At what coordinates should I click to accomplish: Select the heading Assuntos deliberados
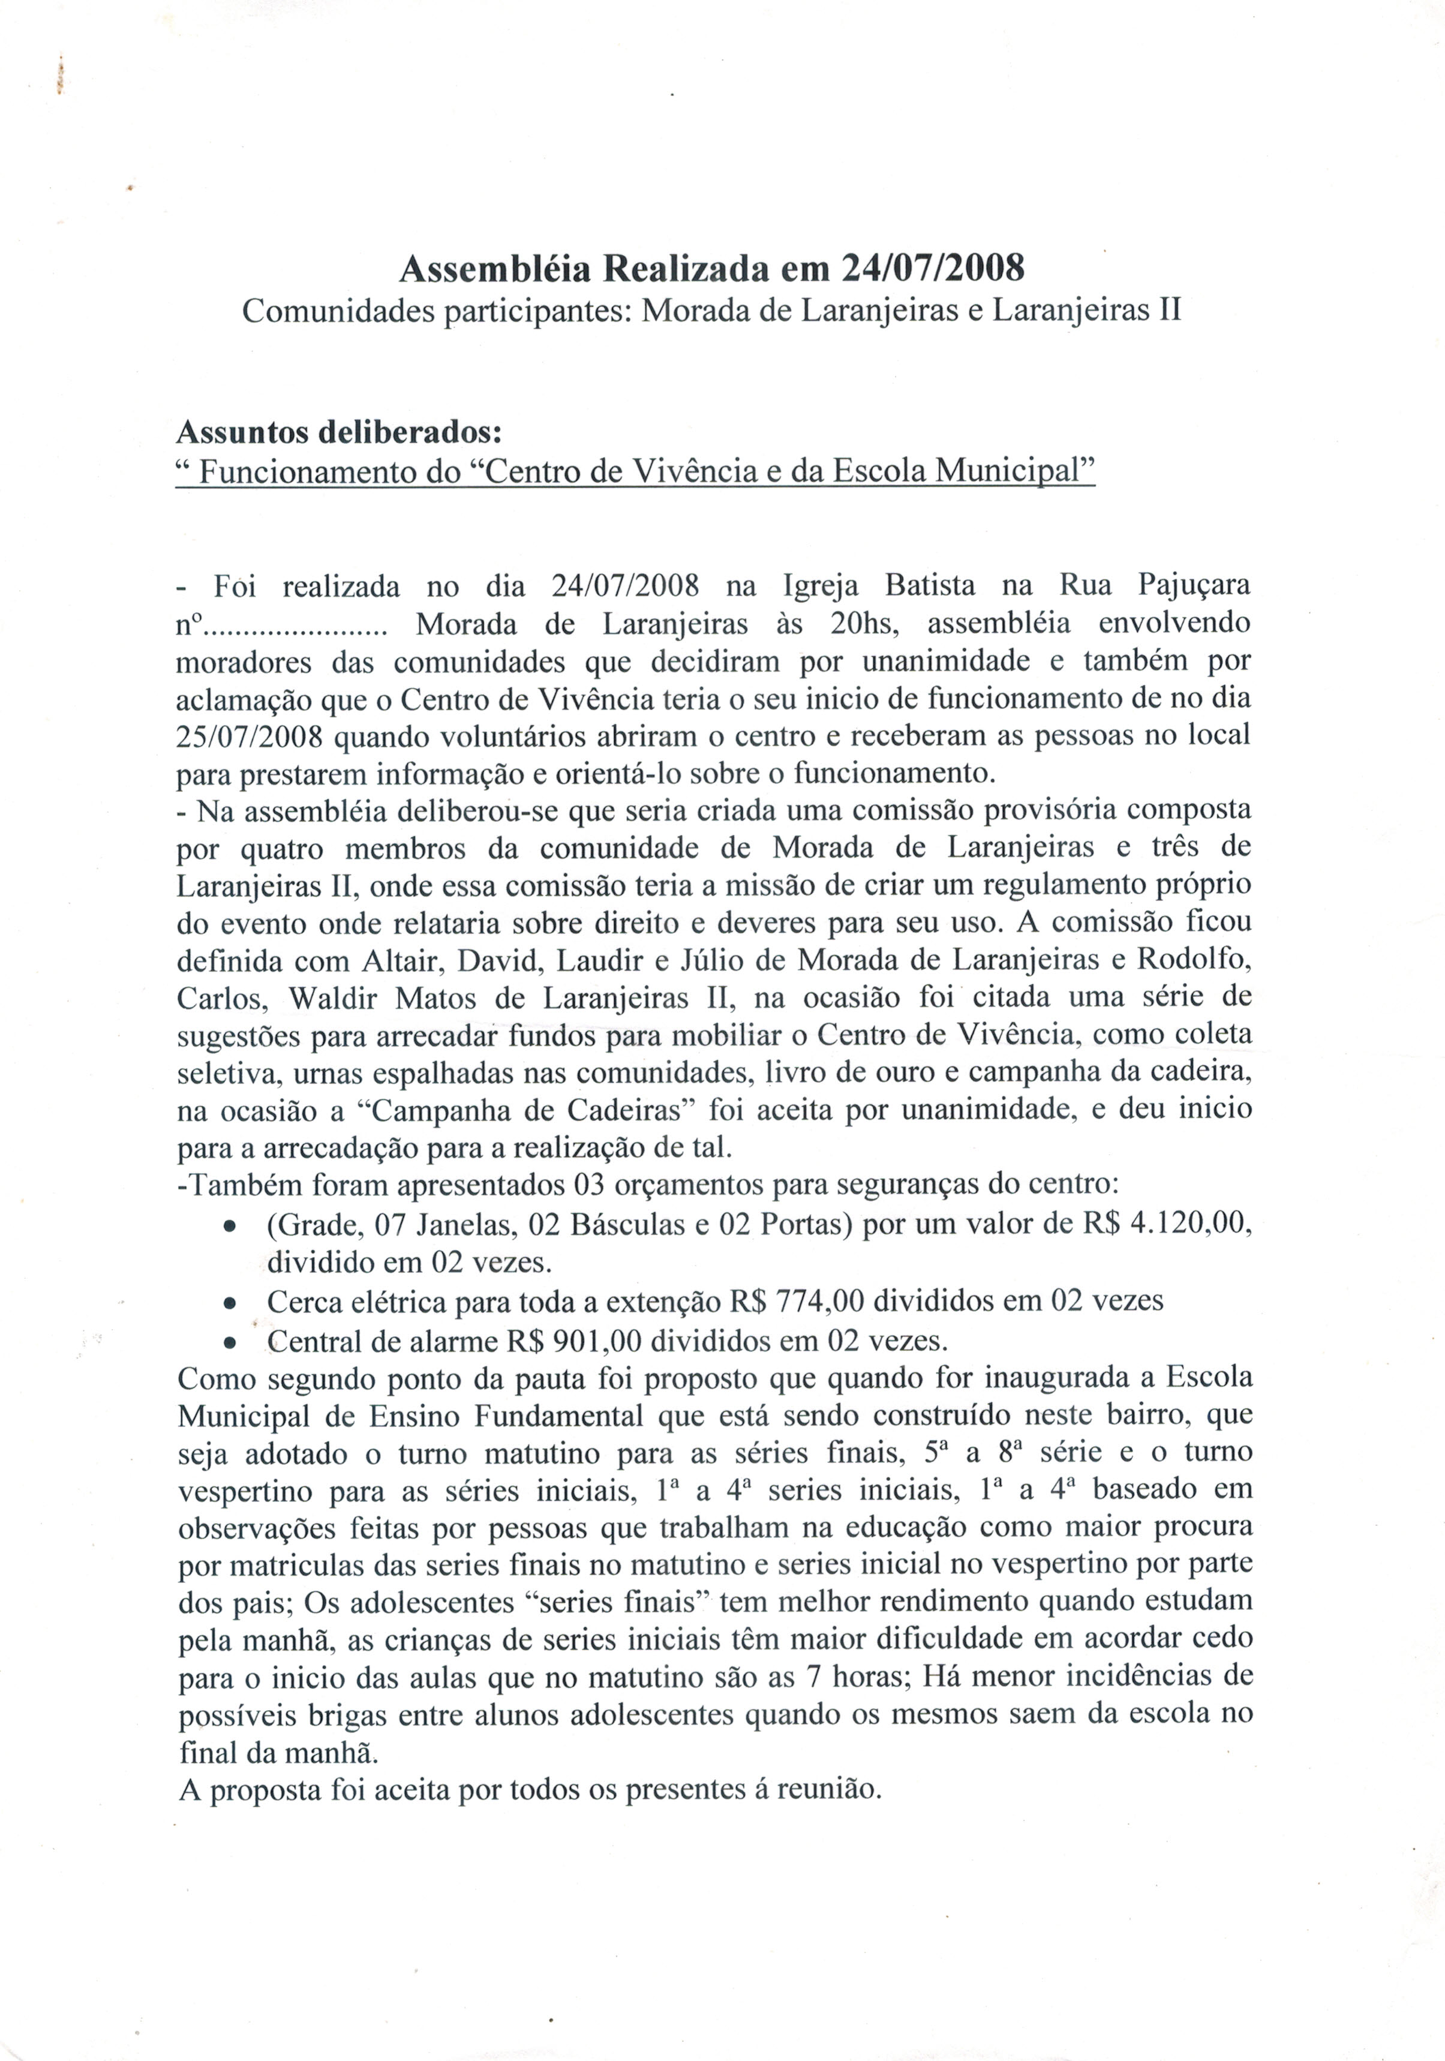click(x=338, y=432)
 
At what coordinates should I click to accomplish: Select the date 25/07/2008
click(x=250, y=736)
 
